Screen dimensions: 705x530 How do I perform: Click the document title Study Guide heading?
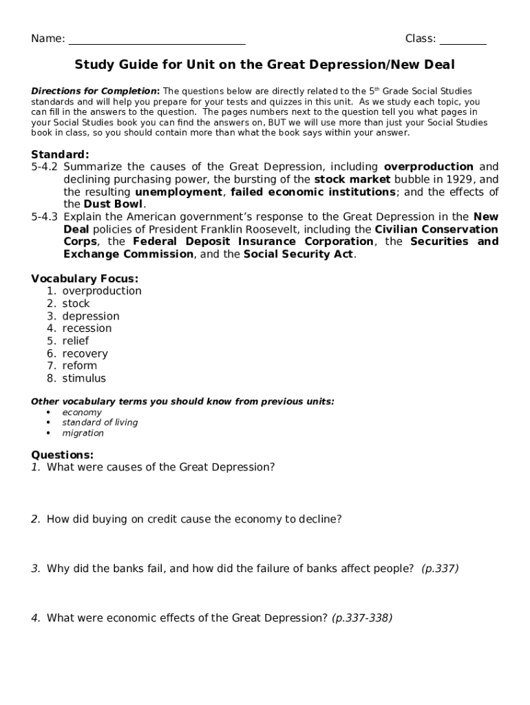click(264, 65)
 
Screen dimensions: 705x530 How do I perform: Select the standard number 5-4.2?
click(45, 167)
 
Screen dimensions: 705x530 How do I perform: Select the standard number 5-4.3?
click(45, 217)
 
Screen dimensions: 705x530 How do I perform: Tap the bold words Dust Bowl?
click(114, 204)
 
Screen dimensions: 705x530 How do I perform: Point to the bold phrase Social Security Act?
click(299, 254)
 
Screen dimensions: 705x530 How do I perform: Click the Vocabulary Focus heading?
click(85, 278)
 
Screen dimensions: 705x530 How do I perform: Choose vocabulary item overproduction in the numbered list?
click(102, 291)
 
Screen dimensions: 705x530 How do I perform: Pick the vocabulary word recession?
click(87, 328)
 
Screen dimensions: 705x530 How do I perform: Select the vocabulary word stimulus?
click(84, 379)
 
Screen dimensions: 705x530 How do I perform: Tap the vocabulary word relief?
click(75, 341)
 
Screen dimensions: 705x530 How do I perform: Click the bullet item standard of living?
click(100, 423)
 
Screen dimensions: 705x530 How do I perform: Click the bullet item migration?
click(83, 433)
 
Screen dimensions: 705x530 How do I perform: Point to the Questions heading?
click(62, 455)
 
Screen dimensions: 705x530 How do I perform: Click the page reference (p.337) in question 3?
click(440, 569)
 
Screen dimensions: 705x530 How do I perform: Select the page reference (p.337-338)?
click(362, 618)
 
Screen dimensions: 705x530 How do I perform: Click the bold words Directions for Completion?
click(95, 91)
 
